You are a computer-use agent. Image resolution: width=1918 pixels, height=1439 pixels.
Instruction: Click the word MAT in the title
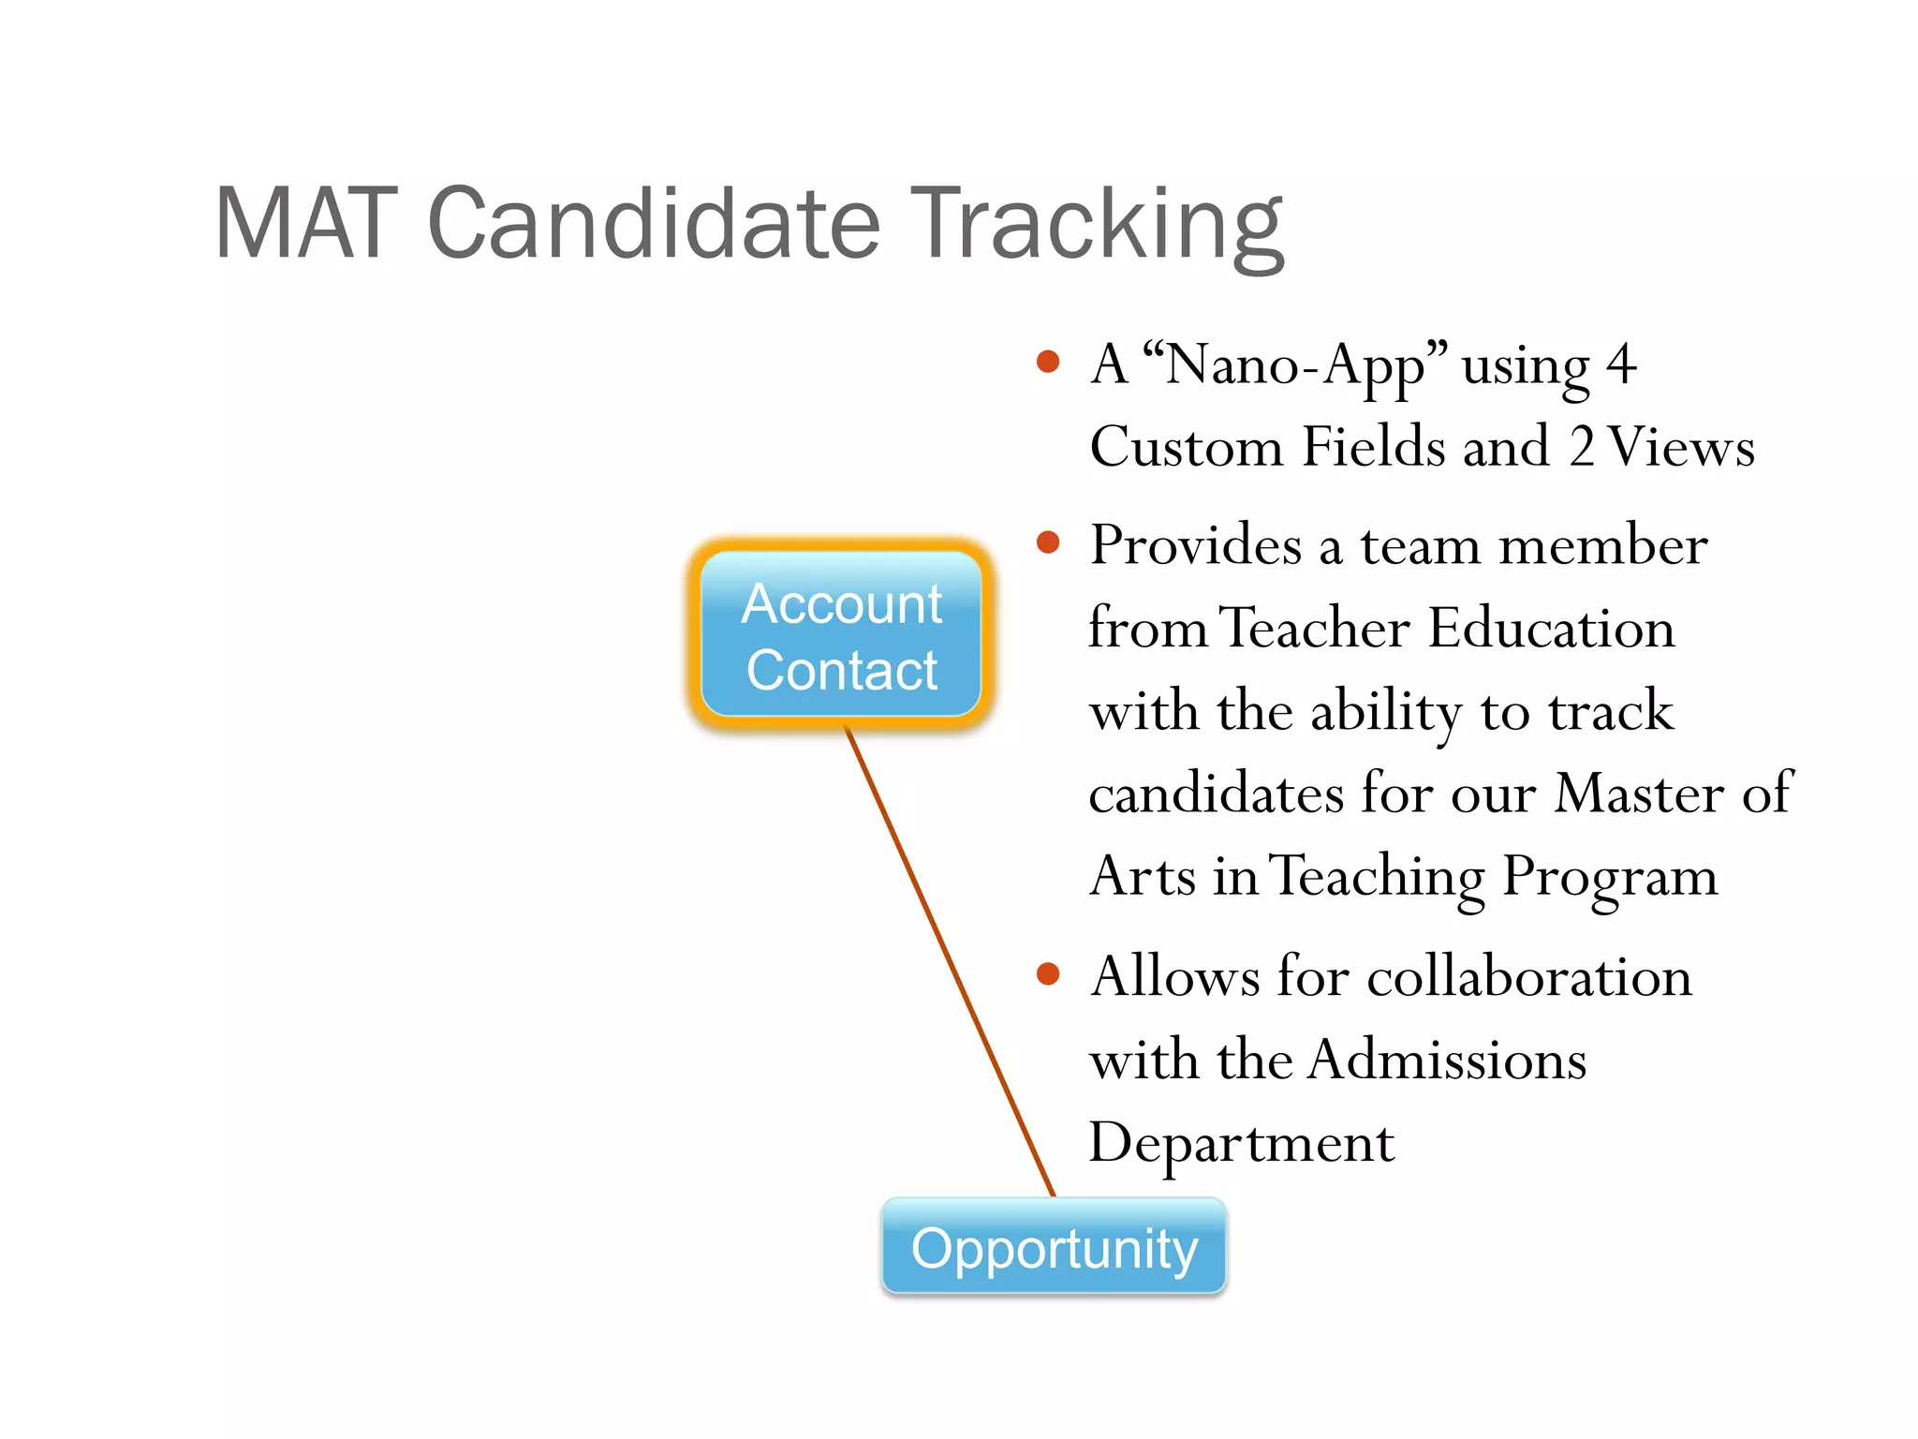[307, 225]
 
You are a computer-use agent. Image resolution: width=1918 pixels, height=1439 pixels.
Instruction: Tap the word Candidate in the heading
[653, 225]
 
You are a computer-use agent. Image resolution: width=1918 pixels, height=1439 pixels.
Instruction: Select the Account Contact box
[841, 635]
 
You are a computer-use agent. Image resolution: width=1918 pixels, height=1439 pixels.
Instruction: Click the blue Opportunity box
[1054, 1248]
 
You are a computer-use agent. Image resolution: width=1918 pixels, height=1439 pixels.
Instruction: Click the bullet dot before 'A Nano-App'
[1048, 363]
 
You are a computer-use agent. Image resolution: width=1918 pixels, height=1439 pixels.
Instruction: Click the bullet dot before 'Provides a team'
[1048, 542]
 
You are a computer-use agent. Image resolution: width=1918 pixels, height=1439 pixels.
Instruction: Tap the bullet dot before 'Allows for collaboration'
[1048, 974]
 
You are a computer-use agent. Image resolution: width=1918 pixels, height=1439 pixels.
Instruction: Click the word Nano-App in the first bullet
[1297, 365]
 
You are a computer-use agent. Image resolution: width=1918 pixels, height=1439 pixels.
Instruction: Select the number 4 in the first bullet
[1621, 365]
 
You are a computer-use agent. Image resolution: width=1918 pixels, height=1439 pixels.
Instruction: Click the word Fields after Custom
[1372, 448]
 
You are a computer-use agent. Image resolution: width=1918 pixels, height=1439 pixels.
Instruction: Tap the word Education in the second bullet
[1551, 628]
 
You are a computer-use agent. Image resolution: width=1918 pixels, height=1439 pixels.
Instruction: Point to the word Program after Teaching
[1610, 879]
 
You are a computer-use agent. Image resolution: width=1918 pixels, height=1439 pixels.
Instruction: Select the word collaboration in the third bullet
[1529, 977]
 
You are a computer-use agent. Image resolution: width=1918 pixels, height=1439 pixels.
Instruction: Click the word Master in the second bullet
[1638, 794]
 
